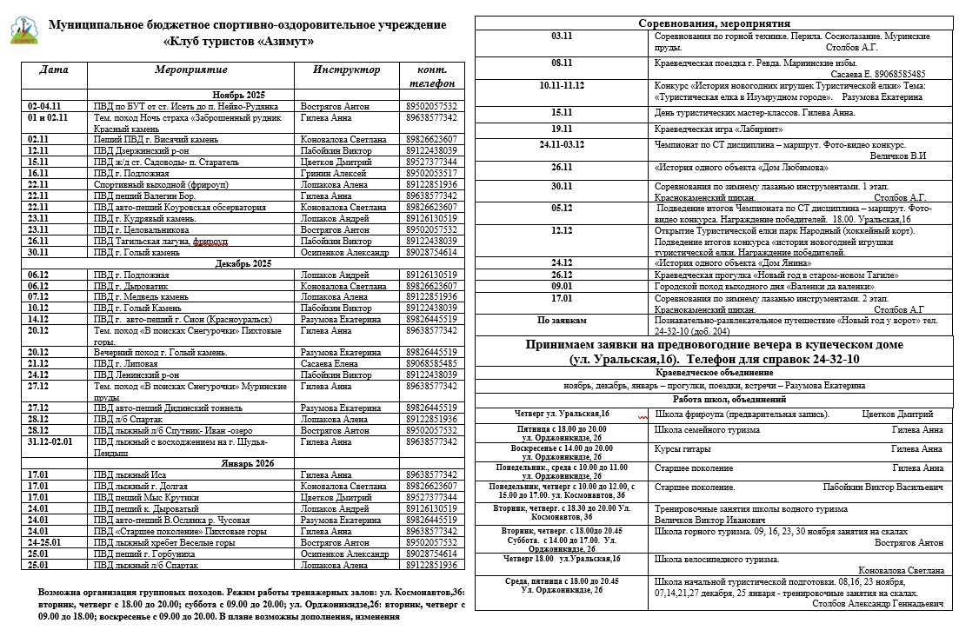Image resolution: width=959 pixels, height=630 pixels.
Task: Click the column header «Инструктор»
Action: tap(347, 70)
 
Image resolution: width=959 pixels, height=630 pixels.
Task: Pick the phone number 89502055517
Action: tap(431, 173)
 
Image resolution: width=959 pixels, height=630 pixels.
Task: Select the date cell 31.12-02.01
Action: tap(50, 441)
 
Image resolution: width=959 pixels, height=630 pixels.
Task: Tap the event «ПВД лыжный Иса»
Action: tap(130, 474)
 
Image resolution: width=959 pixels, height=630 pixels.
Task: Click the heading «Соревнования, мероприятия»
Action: tap(715, 23)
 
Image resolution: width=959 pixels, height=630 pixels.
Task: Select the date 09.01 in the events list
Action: tap(562, 285)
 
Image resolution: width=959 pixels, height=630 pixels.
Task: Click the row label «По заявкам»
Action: tap(562, 320)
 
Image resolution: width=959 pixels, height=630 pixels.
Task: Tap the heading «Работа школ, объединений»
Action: tap(715, 400)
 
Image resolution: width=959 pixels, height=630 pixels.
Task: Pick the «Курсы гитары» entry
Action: tap(683, 449)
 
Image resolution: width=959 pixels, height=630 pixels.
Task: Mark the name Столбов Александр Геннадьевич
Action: tap(877, 602)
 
